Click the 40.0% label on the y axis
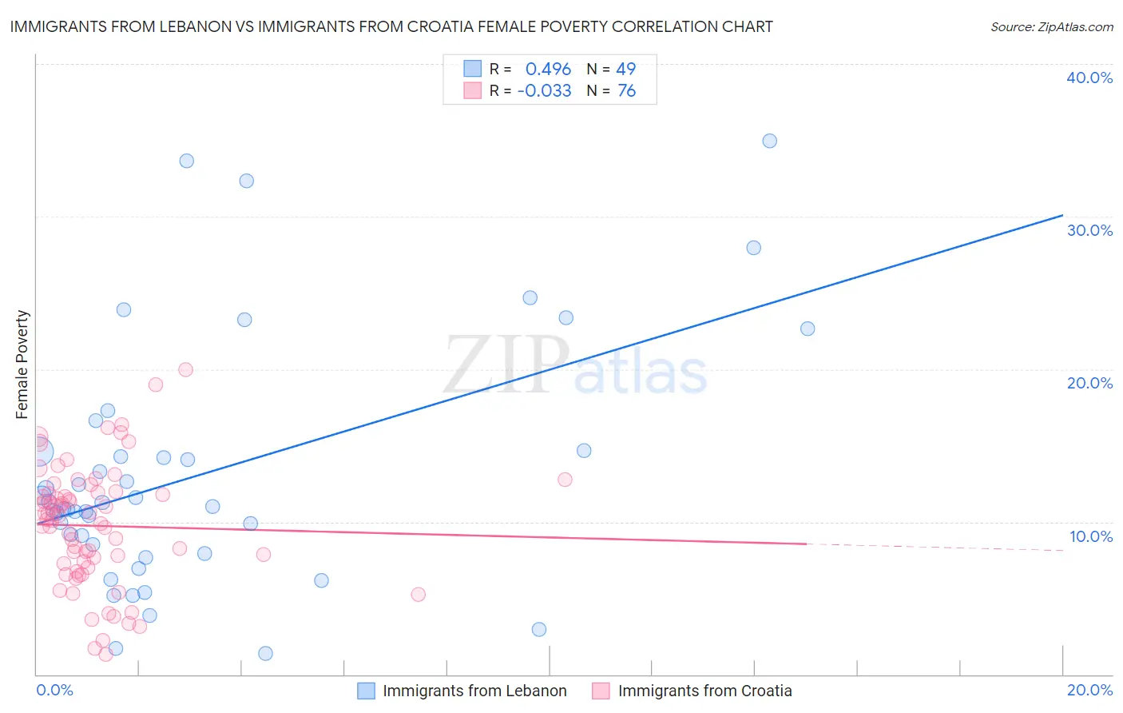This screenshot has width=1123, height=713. click(1089, 78)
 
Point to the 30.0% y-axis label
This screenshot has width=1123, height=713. click(1089, 230)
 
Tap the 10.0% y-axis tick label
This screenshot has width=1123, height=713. click(1090, 536)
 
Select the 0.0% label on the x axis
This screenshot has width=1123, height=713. click(54, 690)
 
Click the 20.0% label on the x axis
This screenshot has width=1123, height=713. click(1089, 690)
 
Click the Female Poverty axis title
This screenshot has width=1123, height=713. click(22, 364)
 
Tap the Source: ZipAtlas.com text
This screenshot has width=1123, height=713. click(1051, 27)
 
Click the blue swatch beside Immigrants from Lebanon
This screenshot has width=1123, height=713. click(366, 691)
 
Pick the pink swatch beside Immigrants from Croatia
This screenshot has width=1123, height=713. click(601, 691)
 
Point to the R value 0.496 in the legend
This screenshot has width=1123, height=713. click(548, 69)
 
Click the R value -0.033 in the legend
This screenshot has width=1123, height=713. click(544, 91)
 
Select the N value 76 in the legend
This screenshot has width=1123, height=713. click(626, 91)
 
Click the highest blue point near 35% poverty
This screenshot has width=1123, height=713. click(769, 141)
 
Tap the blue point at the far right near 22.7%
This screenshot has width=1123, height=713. click(808, 329)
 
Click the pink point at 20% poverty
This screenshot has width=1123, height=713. click(185, 369)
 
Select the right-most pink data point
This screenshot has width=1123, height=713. click(565, 480)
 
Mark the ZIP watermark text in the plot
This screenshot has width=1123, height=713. click(506, 364)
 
